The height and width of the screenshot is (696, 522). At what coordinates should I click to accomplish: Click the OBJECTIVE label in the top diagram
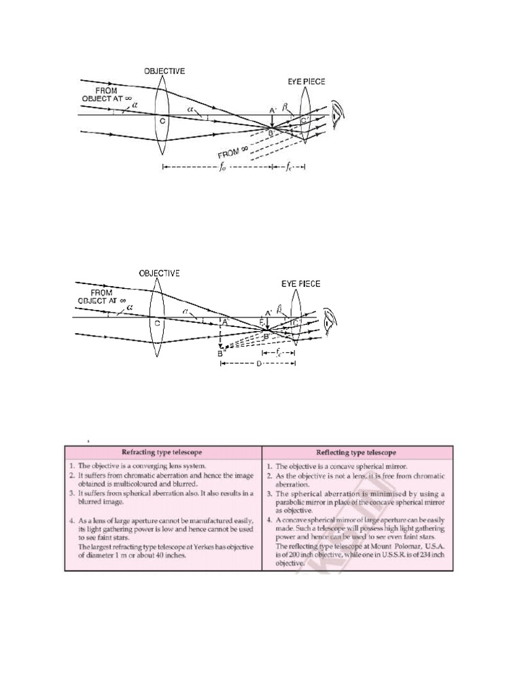pyautogui.click(x=164, y=70)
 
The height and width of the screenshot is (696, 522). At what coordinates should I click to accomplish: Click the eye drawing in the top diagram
pyautogui.click(x=338, y=113)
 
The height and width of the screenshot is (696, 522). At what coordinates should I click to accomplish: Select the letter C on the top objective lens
pyautogui.click(x=162, y=120)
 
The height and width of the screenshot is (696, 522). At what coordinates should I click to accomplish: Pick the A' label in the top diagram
pyautogui.click(x=272, y=110)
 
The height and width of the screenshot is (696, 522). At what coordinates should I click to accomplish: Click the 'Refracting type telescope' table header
pyautogui.click(x=162, y=452)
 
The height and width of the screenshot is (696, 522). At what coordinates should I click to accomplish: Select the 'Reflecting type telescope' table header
pyautogui.click(x=356, y=452)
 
